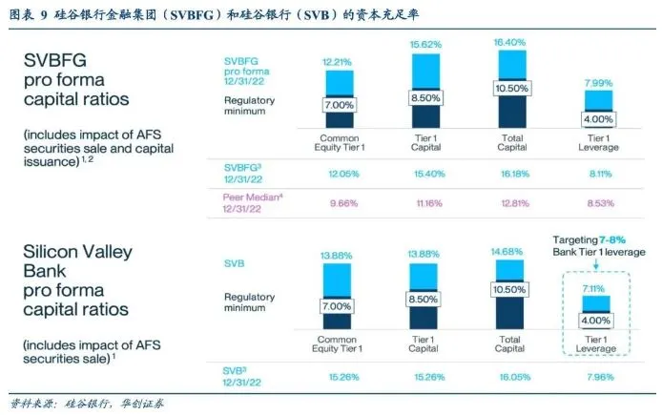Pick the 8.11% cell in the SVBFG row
pyautogui.click(x=599, y=174)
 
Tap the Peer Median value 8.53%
pyautogui.click(x=599, y=204)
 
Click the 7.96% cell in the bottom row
pyautogui.click(x=599, y=376)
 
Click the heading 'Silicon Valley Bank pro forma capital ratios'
pyautogui.click(x=80, y=283)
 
